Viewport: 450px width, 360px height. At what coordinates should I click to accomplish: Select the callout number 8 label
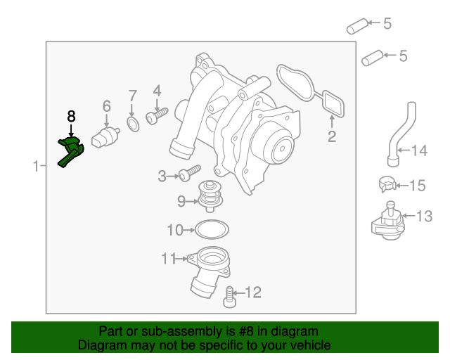pyautogui.click(x=71, y=115)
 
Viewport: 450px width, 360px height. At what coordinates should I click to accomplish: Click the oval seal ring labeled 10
pyautogui.click(x=210, y=229)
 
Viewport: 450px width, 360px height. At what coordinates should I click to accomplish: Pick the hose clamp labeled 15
pyautogui.click(x=385, y=185)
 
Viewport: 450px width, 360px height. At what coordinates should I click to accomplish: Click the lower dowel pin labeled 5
pyautogui.click(x=372, y=57)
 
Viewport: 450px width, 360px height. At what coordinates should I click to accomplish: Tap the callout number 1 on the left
pyautogui.click(x=35, y=166)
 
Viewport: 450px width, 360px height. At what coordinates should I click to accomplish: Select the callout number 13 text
pyautogui.click(x=425, y=216)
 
